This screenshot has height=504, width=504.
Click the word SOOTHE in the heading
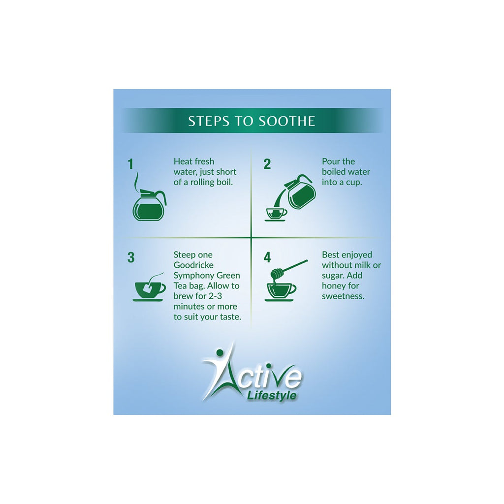click(287, 121)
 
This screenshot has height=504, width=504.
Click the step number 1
click(130, 164)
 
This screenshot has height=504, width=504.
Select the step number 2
click(267, 164)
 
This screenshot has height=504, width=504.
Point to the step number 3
click(131, 257)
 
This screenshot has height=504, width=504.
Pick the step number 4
click(267, 257)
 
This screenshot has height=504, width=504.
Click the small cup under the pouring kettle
click(276, 214)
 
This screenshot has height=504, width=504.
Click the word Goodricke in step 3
click(193, 265)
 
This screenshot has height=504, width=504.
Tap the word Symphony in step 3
click(194, 276)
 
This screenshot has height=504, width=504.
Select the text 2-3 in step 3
click(216, 296)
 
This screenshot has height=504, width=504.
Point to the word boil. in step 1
click(224, 182)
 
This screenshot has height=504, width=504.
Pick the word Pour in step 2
click(330, 161)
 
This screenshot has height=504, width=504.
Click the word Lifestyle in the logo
click(272, 395)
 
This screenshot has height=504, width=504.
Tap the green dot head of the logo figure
click(220, 353)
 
